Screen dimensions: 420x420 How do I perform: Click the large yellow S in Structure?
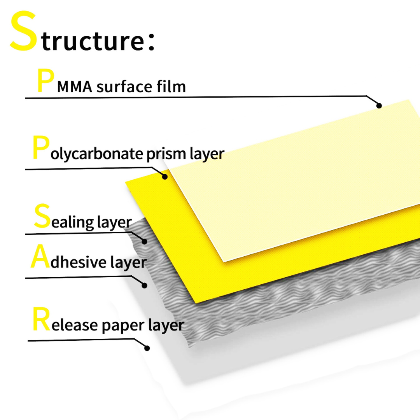tap(23, 32)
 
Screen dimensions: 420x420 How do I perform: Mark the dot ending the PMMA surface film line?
tap(379, 105)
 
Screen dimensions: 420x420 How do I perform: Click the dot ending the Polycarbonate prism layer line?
tap(165, 177)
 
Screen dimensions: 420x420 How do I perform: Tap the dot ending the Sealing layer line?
tap(145, 241)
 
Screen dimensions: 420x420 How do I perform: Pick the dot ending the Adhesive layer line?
tap(145, 285)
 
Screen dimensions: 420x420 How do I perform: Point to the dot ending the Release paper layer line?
tap(147, 348)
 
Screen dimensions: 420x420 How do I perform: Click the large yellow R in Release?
tap(41, 320)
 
